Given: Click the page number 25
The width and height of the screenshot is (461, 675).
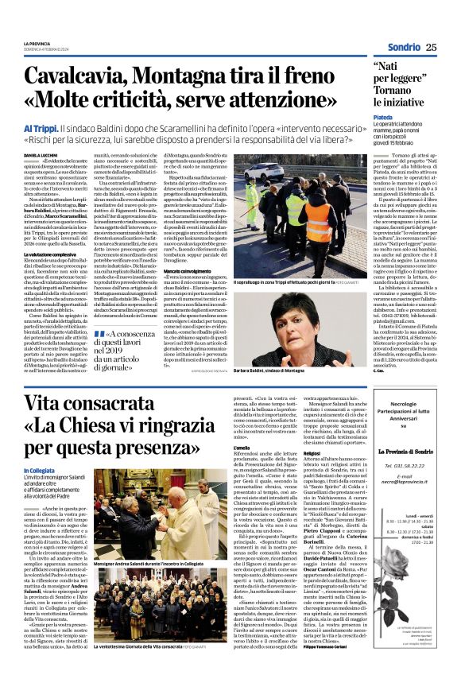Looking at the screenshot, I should (430, 47).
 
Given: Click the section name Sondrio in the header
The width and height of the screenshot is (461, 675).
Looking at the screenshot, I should (403, 47).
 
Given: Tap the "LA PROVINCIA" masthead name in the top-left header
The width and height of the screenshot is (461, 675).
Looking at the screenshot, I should (36, 44).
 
